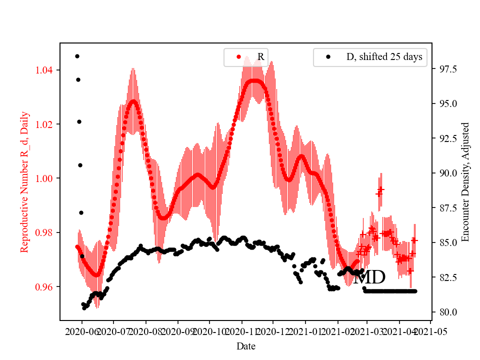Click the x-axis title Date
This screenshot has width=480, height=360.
246,345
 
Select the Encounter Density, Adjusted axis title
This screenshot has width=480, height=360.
465,182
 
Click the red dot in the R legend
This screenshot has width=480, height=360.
238,57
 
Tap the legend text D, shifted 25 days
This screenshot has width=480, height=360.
384,57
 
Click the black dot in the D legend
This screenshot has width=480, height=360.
328,57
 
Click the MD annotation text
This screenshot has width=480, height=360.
369,278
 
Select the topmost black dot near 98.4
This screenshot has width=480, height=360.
77,56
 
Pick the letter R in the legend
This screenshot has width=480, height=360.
260,57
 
